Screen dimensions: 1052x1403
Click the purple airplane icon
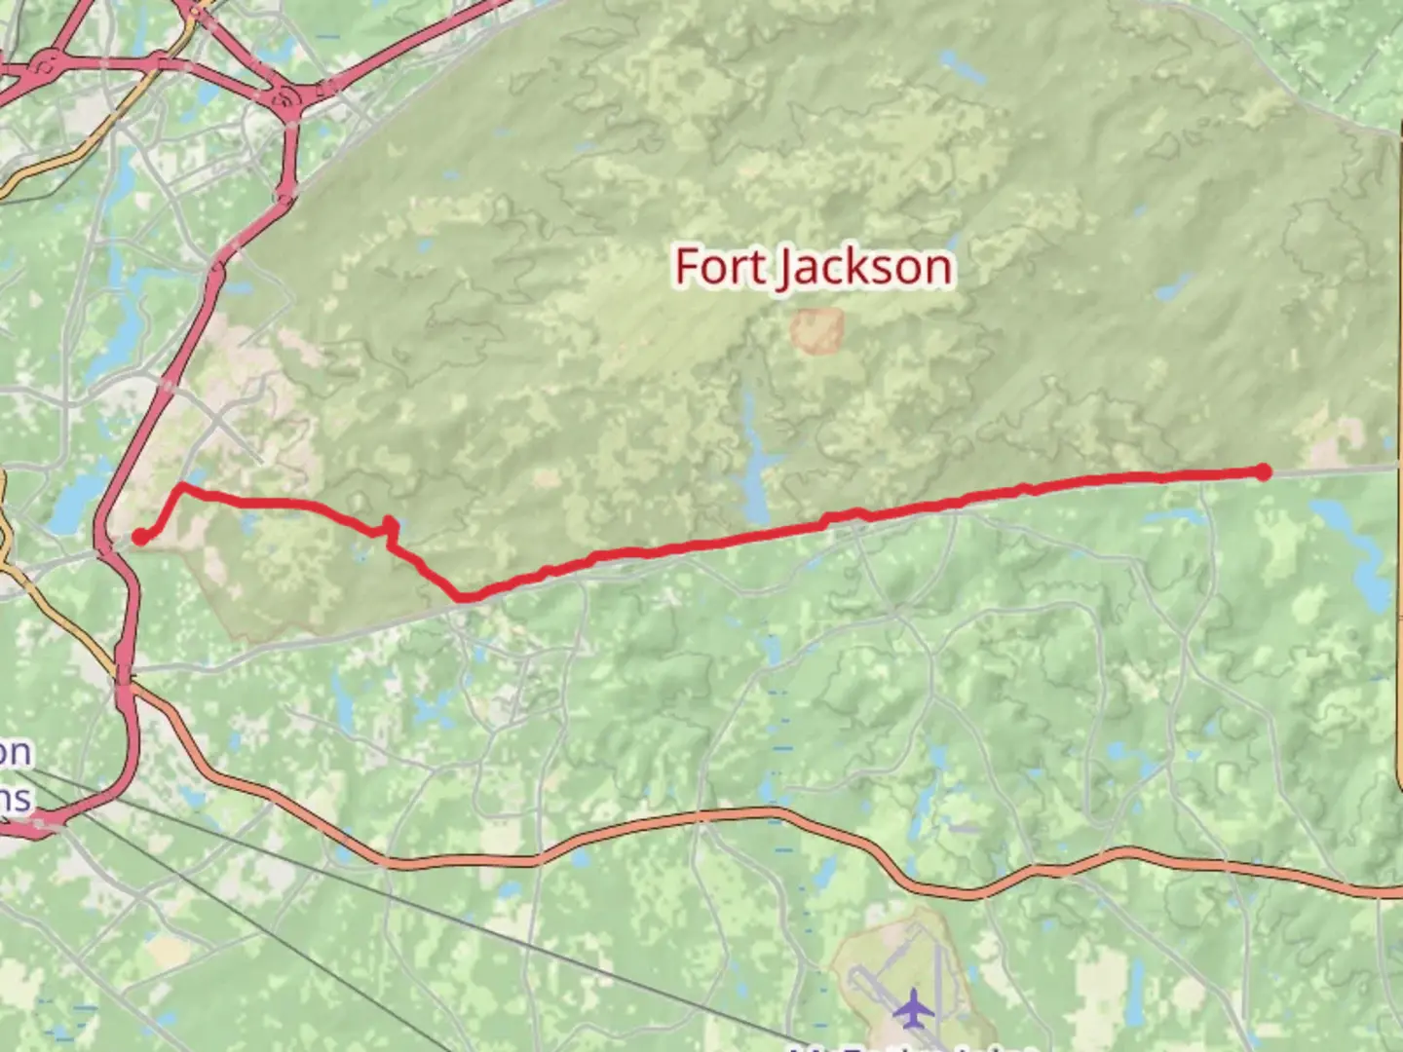click(x=913, y=1007)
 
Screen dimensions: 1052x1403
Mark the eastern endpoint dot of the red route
click(x=1263, y=472)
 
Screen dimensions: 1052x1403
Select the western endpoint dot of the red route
click(x=139, y=537)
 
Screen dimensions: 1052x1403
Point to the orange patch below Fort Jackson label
click(x=816, y=331)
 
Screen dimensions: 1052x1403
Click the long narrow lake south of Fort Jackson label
click(x=753, y=458)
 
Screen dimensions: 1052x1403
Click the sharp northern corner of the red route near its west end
click(x=182, y=485)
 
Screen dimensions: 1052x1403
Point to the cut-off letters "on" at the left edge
click(x=15, y=752)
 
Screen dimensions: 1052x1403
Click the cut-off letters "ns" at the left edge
click(x=15, y=799)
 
